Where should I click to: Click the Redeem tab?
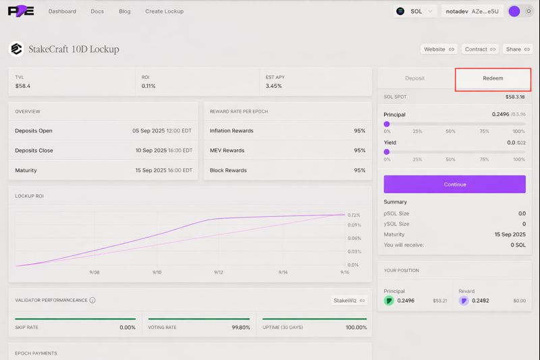click(x=493, y=78)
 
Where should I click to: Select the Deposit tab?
click(x=414, y=78)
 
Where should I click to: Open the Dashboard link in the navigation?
click(x=62, y=11)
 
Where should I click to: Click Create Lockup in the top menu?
click(x=164, y=11)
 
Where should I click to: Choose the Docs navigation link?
click(x=97, y=11)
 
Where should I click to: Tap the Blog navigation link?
click(x=124, y=11)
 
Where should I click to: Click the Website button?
click(x=439, y=49)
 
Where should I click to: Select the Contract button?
click(x=480, y=49)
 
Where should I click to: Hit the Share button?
click(x=518, y=49)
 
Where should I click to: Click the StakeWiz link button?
click(x=349, y=301)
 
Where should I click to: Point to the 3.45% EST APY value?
click(x=273, y=86)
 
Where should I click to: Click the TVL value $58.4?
click(x=23, y=86)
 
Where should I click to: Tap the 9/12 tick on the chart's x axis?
click(x=219, y=272)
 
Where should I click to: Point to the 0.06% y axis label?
click(x=354, y=238)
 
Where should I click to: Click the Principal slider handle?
click(x=387, y=124)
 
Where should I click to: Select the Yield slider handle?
click(x=387, y=153)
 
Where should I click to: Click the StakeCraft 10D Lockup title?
click(x=74, y=49)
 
